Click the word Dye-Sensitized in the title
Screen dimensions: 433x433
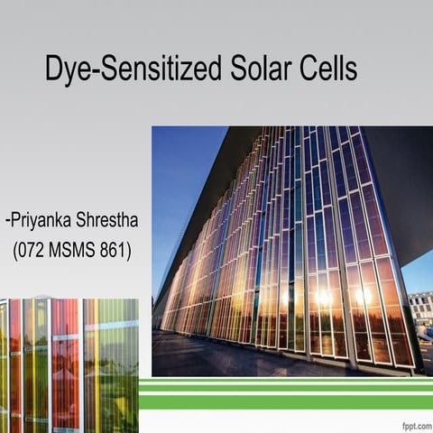(x=134, y=69)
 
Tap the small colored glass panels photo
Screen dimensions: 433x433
(x=69, y=365)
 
